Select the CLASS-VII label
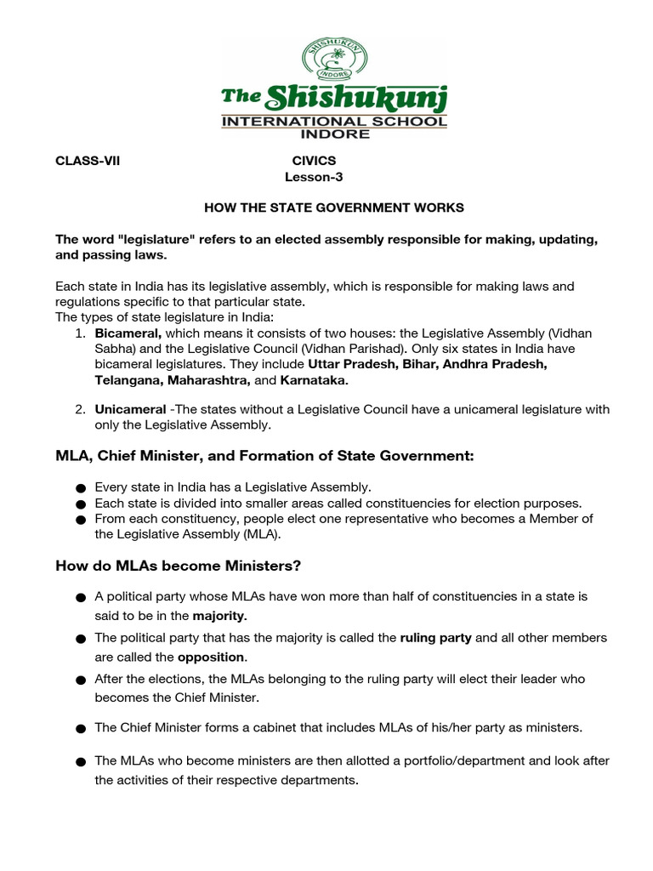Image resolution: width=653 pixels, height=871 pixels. [x=88, y=160]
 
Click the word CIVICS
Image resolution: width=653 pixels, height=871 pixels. [x=314, y=160]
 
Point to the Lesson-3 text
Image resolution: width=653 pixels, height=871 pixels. [x=314, y=177]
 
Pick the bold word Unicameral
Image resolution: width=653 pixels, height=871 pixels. [x=130, y=409]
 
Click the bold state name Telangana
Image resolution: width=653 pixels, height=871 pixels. [x=128, y=380]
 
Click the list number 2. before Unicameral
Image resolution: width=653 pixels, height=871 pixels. [x=79, y=409]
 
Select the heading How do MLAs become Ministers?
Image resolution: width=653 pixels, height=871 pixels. [x=179, y=566]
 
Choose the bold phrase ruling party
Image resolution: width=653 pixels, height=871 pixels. [x=435, y=637]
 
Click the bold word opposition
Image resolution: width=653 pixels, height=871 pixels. [x=212, y=657]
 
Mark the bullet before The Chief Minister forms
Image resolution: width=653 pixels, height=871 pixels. [x=80, y=729]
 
